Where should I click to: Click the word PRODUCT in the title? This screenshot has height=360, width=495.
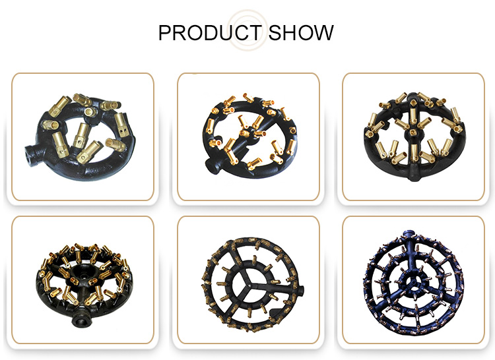(210, 32)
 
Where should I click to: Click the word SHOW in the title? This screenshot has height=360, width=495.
(301, 32)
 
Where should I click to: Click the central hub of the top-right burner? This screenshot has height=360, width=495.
(412, 133)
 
